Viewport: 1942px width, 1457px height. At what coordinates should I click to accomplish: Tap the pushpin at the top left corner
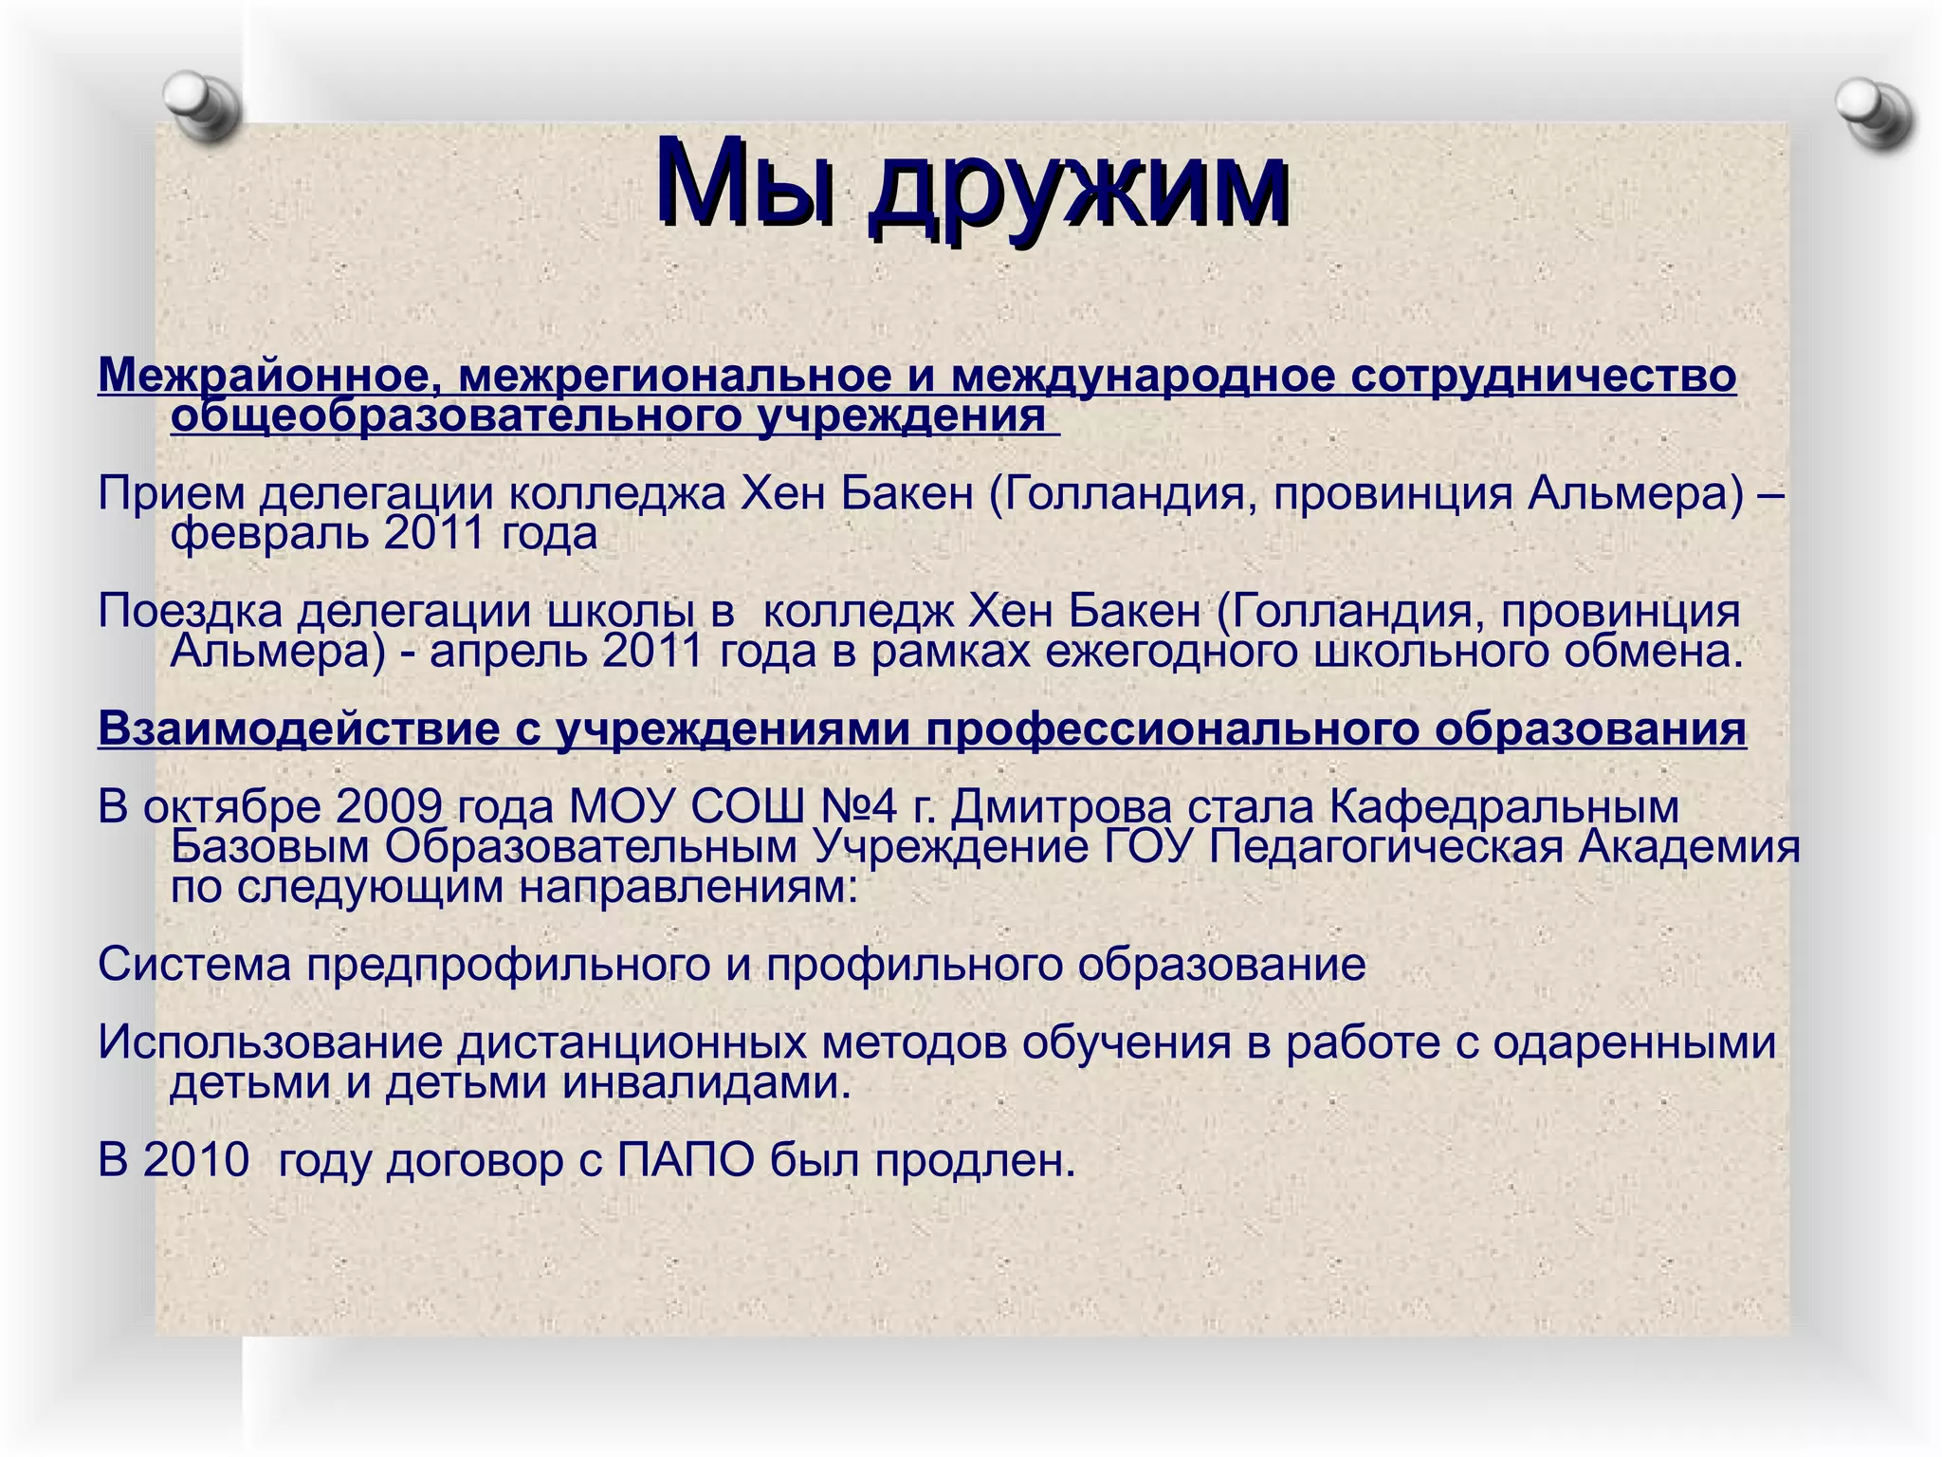202,104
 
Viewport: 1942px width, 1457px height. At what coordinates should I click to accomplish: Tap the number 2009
389,807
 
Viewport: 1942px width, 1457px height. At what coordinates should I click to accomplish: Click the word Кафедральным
1504,807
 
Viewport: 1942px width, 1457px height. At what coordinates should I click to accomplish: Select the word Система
193,965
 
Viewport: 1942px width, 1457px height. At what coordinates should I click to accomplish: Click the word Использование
270,1042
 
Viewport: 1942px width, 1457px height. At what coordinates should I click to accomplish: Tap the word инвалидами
706,1082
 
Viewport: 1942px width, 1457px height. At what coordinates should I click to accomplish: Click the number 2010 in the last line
196,1160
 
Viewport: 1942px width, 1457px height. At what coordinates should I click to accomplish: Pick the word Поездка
190,612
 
